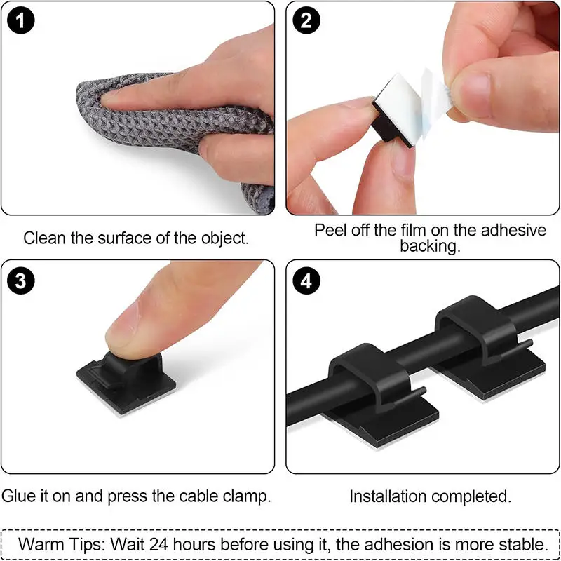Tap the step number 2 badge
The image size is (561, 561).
[x=306, y=21]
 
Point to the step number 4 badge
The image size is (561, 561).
[x=306, y=281]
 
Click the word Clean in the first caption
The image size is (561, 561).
[x=43, y=238]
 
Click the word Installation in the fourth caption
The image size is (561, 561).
[x=388, y=496]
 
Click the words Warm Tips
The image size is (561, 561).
[x=60, y=543]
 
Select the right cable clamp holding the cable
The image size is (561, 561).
[x=477, y=337]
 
